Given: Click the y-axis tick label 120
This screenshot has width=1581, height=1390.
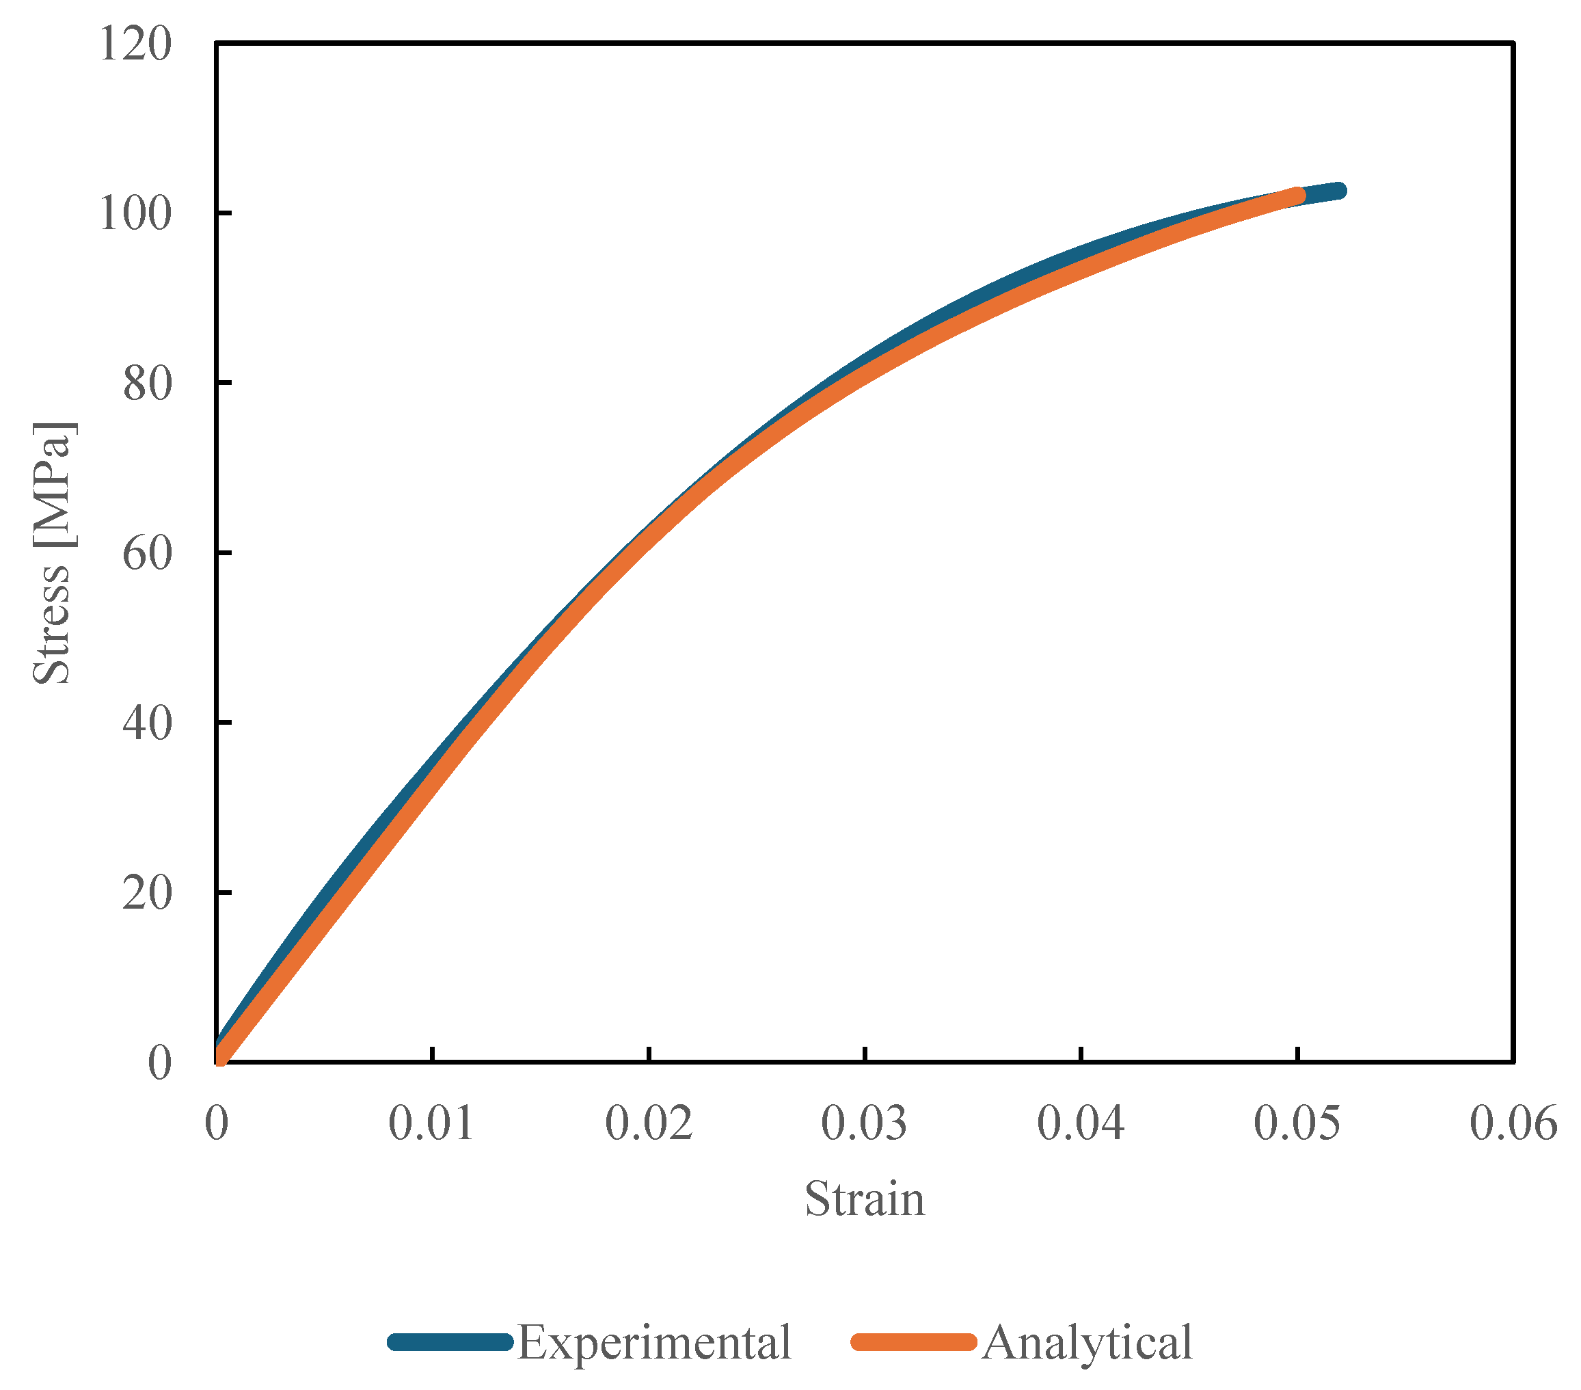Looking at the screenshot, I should coord(135,43).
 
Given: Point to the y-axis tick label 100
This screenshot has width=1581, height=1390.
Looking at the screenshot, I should coord(135,213).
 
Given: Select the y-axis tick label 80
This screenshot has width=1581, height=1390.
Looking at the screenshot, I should coord(147,383).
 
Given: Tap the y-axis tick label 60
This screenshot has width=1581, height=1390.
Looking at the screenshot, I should coord(147,553).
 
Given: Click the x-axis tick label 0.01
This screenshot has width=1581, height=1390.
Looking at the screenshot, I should coord(431,1123).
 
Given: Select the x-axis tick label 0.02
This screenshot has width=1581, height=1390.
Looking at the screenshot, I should coord(648,1123).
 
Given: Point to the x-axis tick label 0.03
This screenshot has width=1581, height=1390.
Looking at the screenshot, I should coord(864,1123).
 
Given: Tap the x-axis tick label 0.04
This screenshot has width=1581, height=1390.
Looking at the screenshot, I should coord(1081,1123).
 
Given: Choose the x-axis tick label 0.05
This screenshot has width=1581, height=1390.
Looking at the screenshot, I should coord(1297,1123).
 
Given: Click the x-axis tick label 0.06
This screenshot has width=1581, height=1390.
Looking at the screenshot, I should coord(1513,1123).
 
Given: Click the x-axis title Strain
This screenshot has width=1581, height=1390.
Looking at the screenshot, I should coord(865,1200).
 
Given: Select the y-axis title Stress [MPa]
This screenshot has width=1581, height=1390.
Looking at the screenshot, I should coord(53,553).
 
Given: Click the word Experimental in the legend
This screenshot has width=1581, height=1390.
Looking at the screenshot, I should coord(653,1342).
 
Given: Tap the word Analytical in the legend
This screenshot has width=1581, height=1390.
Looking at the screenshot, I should coord(1087,1342).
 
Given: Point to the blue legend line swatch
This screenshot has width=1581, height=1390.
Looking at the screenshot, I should coord(450,1342).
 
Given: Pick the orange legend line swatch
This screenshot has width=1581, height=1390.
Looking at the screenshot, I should coord(913,1342).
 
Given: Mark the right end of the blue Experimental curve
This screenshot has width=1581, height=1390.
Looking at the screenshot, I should coord(1339,190).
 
